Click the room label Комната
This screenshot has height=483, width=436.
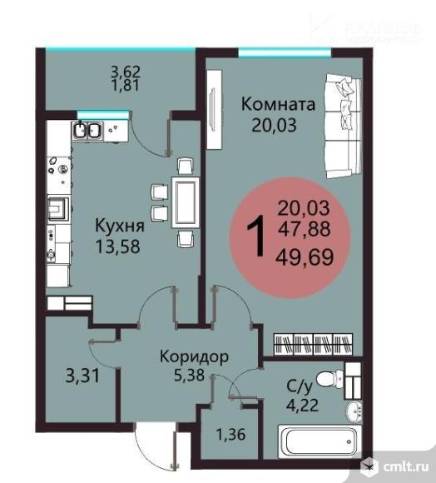tap(279, 105)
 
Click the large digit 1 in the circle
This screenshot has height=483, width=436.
tap(259, 236)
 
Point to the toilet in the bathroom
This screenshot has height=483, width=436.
tap(339, 380)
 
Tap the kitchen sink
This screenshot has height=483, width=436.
tap(87, 131)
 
